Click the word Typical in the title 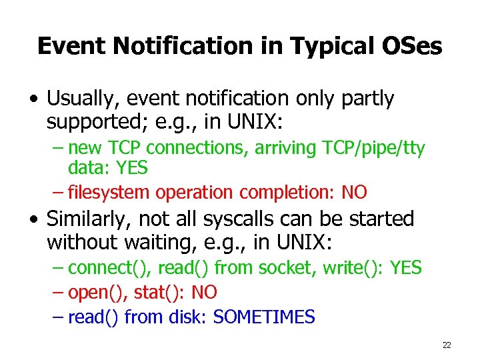(323, 46)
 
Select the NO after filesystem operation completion (354, 193)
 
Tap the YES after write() (406, 268)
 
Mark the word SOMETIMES (263, 317)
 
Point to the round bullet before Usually (33, 100)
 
